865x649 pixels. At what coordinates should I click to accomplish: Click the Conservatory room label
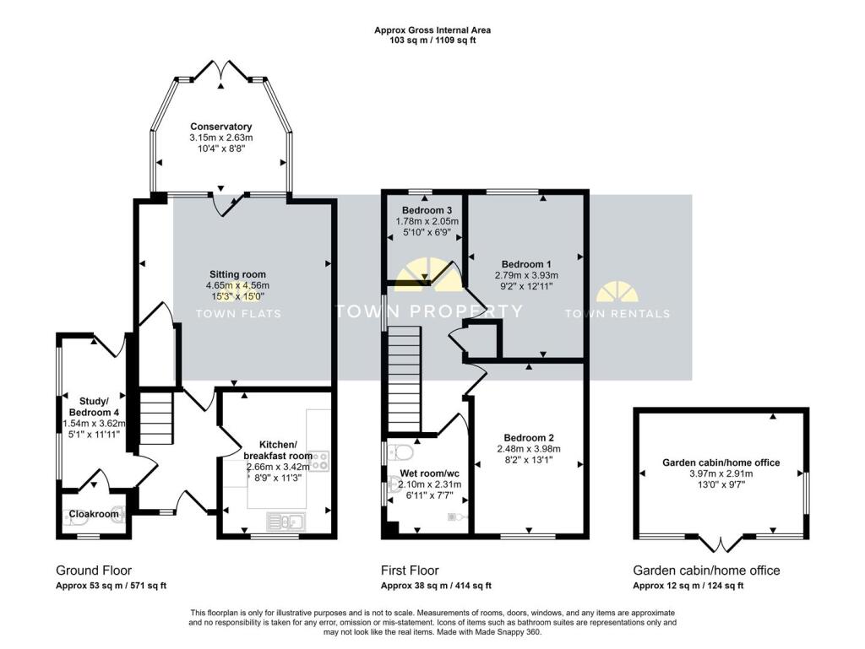click(220, 127)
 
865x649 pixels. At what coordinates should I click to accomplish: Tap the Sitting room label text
click(238, 274)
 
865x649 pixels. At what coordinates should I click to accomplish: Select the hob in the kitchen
click(320, 460)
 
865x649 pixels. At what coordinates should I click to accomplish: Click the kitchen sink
click(281, 521)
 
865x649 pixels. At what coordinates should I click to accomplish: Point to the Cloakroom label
click(93, 513)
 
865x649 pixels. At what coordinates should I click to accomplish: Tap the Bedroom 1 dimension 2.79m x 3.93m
click(526, 275)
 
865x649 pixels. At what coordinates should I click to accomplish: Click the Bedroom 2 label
click(528, 437)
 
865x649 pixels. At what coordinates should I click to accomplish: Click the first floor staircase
click(405, 377)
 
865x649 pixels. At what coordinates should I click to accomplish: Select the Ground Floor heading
click(94, 571)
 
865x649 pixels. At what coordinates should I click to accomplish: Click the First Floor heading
click(410, 571)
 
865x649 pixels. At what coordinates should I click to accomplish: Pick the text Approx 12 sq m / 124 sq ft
click(688, 586)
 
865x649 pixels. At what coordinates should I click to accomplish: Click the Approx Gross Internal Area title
click(432, 30)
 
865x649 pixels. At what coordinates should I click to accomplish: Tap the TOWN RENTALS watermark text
click(617, 314)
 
